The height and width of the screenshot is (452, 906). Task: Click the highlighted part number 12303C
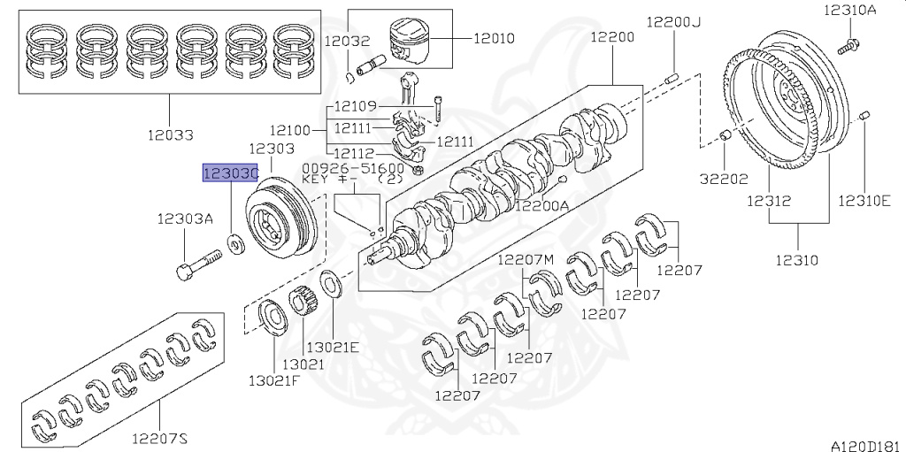(230, 174)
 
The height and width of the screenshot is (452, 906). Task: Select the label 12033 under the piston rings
(172, 134)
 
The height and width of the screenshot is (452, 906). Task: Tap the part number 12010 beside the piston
(494, 39)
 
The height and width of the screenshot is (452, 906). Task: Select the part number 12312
(766, 201)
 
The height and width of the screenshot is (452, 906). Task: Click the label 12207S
(160, 437)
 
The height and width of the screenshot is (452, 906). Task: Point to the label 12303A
(186, 219)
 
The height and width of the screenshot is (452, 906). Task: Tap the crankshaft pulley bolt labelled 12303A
(200, 264)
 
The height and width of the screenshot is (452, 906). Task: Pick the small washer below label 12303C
(237, 241)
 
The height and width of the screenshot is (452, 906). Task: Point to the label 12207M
(525, 258)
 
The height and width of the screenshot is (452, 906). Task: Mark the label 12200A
(542, 206)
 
